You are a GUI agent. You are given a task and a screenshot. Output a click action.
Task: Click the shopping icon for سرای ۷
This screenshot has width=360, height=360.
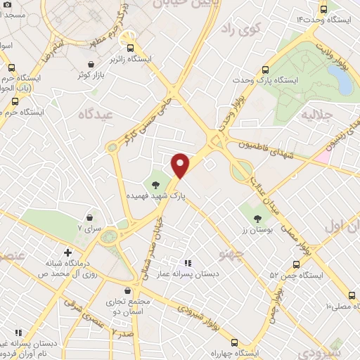pyautogui.click(x=89, y=217)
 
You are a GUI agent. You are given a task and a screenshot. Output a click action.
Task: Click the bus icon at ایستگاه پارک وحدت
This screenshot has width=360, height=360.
pyautogui.click(x=266, y=70)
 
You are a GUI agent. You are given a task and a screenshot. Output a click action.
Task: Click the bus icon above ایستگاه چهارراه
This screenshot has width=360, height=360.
pyautogui.click(x=234, y=342)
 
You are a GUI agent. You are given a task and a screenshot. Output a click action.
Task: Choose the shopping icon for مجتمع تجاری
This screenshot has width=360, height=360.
pyautogui.click(x=127, y=290)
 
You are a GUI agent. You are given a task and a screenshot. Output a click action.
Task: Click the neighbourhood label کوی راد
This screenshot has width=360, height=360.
pyautogui.click(x=240, y=30)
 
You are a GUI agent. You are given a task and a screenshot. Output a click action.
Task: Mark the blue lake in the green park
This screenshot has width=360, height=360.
pyautogui.click(x=345, y=82)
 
